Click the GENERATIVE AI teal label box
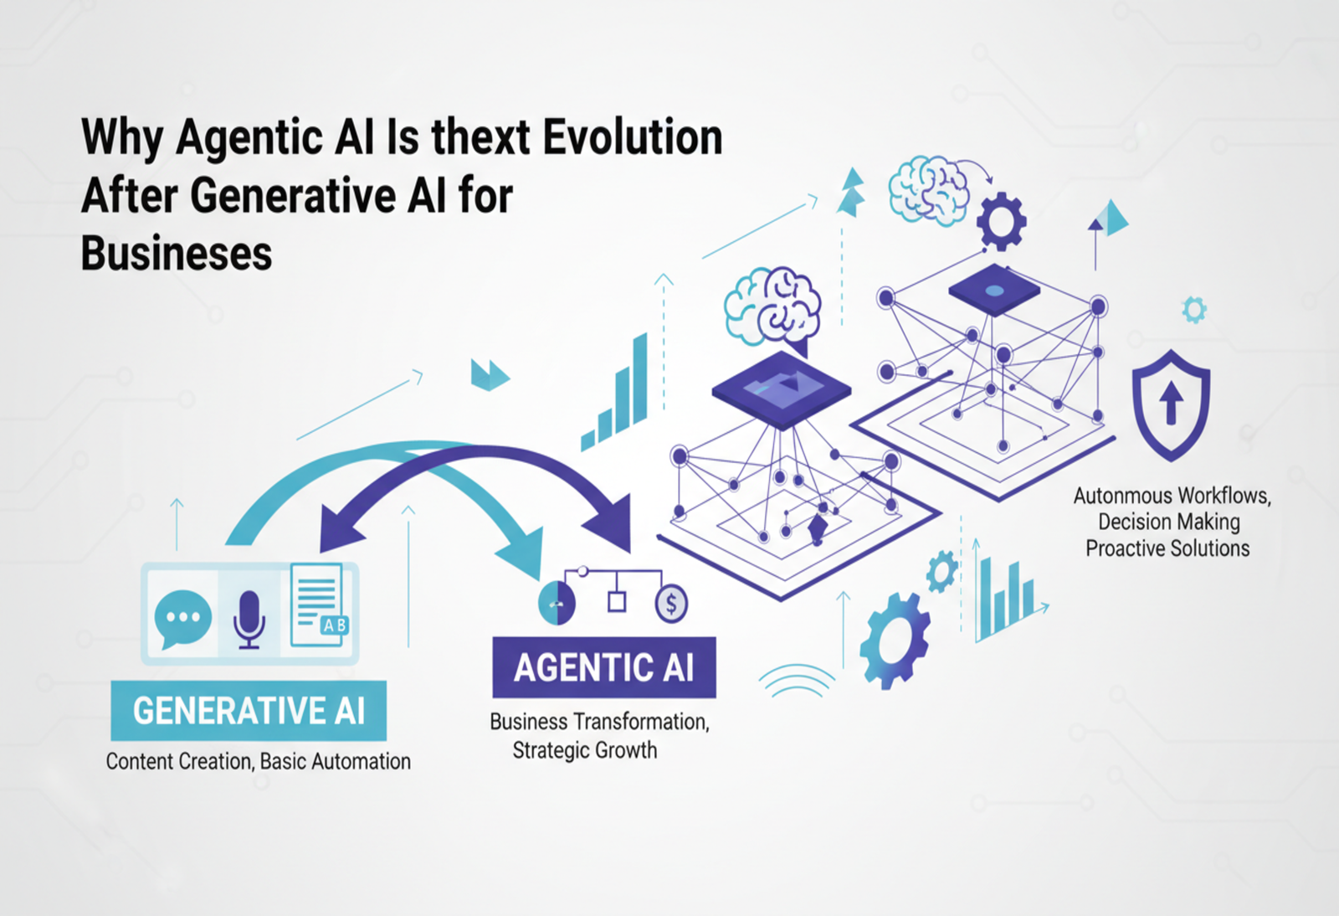point(249,711)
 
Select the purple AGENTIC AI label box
point(603,667)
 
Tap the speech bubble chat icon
point(182,618)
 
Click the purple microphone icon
point(249,618)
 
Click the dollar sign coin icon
point(671,603)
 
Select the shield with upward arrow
point(1171,404)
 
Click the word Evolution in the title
point(633,137)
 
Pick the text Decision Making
point(1168,522)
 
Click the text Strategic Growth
point(584,749)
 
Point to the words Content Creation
point(178,761)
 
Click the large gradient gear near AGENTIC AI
point(894,639)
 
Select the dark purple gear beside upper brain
point(1001,221)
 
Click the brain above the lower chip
point(772,307)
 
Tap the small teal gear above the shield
point(1194,310)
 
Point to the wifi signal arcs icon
point(796,682)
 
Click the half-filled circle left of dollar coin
point(557,603)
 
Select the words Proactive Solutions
point(1167,548)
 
